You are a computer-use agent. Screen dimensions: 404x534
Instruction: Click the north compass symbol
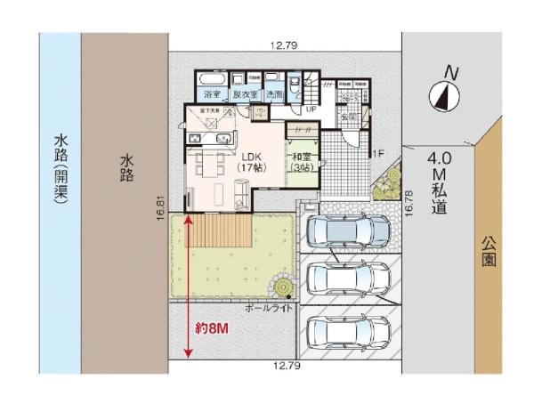tap(442, 93)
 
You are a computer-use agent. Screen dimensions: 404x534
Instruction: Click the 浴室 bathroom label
tap(212, 93)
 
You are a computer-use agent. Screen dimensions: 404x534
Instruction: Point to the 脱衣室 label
tap(245, 93)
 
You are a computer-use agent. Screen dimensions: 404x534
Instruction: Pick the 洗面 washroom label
tap(274, 93)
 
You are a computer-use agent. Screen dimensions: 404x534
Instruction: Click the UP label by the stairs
tap(311, 109)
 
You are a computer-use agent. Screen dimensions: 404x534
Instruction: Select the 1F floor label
tap(377, 153)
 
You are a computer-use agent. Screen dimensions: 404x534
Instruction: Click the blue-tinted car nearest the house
tap(346, 230)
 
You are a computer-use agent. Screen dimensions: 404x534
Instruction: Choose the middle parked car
tap(346, 279)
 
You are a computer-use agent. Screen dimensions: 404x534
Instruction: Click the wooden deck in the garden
tap(219, 234)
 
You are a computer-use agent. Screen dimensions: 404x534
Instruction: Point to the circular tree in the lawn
tap(284, 287)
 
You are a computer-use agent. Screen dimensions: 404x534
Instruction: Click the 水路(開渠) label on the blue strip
tap(61, 169)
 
